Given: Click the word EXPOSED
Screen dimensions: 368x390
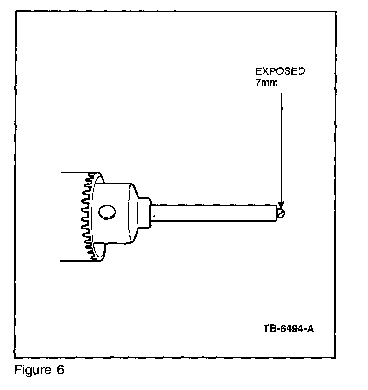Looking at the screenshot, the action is [280, 71].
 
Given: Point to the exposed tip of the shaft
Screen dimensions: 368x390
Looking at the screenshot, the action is [280, 211].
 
